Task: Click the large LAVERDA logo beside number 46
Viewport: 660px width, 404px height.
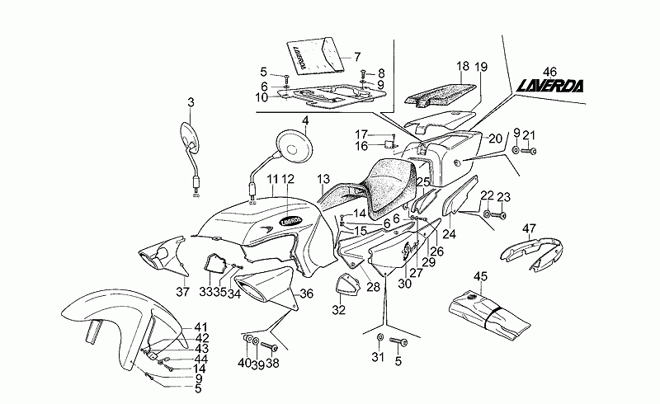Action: (549, 85)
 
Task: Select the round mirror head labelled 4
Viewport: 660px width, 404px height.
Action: (295, 144)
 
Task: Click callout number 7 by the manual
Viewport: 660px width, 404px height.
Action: (357, 57)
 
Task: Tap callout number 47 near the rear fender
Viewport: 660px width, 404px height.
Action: (530, 228)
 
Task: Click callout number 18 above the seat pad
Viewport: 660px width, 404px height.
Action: (463, 66)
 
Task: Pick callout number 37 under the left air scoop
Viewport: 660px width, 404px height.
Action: (183, 292)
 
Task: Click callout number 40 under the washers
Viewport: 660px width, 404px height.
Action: (244, 364)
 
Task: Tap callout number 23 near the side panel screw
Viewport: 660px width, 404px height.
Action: (504, 195)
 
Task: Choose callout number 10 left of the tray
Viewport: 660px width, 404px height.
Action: (261, 96)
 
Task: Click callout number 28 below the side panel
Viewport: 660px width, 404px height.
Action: (373, 286)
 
